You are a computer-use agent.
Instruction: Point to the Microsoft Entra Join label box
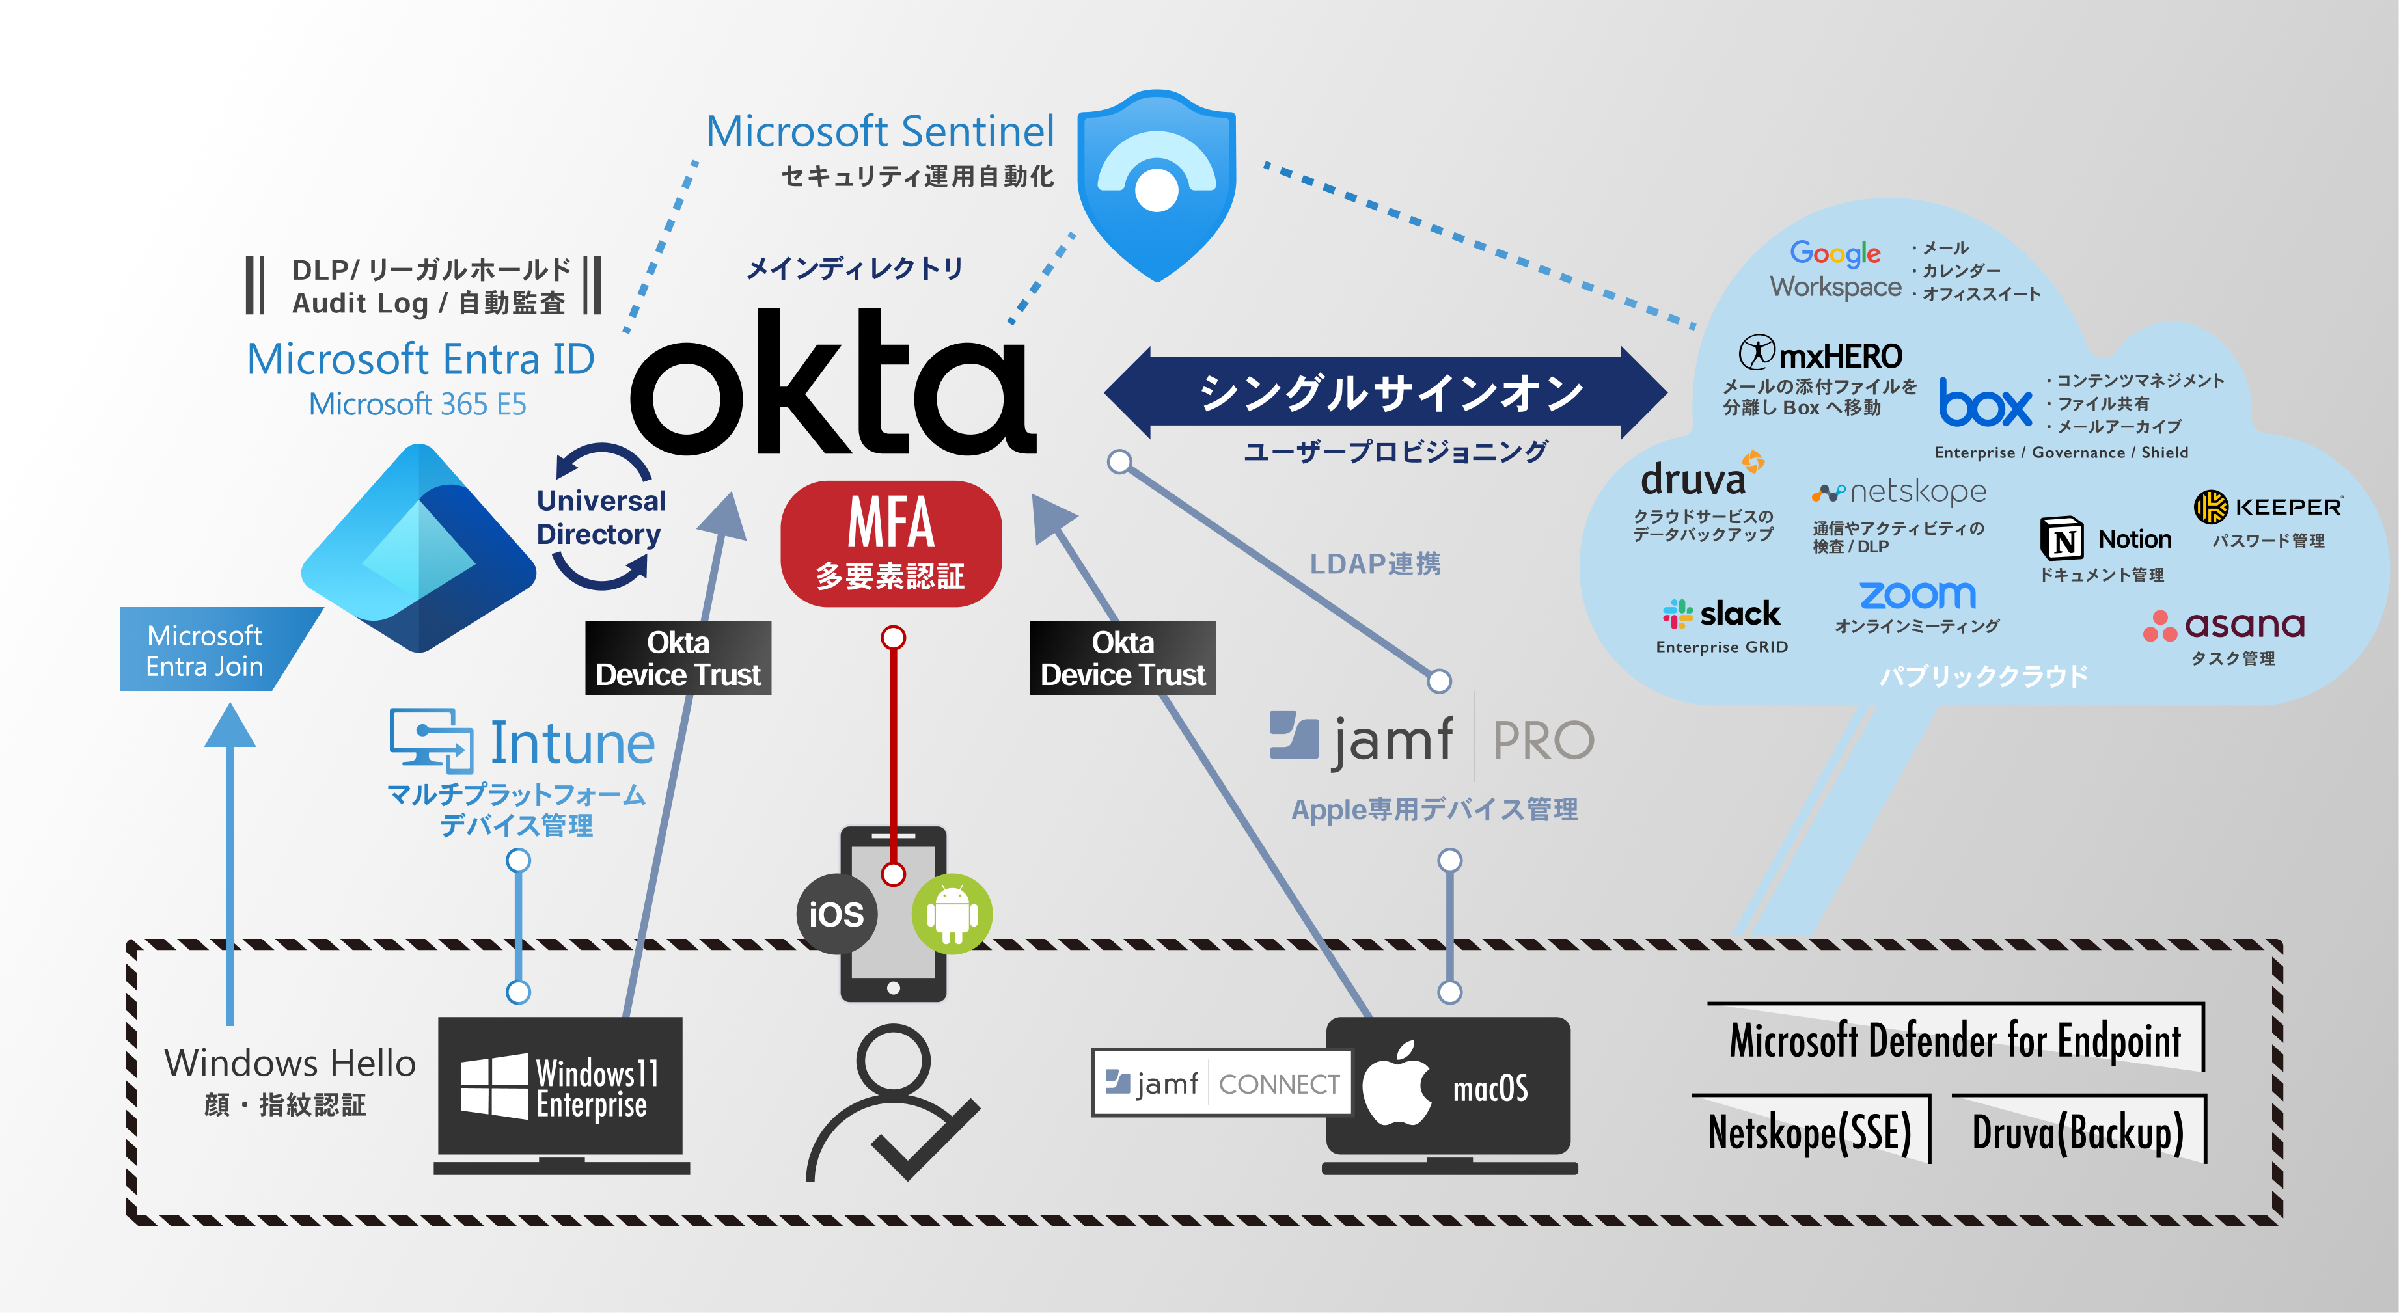tap(207, 650)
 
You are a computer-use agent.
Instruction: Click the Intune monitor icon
tap(430, 740)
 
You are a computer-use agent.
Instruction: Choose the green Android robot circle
tap(952, 914)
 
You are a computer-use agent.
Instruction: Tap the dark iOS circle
tap(836, 914)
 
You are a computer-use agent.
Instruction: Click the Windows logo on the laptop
tap(493, 1086)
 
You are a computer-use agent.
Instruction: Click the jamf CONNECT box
tap(1221, 1083)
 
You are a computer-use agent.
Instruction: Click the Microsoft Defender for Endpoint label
tap(1954, 1039)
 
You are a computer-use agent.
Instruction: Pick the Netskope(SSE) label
tap(1809, 1131)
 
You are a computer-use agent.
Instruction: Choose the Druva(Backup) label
tap(2077, 1131)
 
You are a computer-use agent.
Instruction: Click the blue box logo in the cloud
tap(1984, 404)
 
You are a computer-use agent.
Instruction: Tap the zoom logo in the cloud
tap(1917, 594)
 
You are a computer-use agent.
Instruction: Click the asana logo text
tap(2243, 624)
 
